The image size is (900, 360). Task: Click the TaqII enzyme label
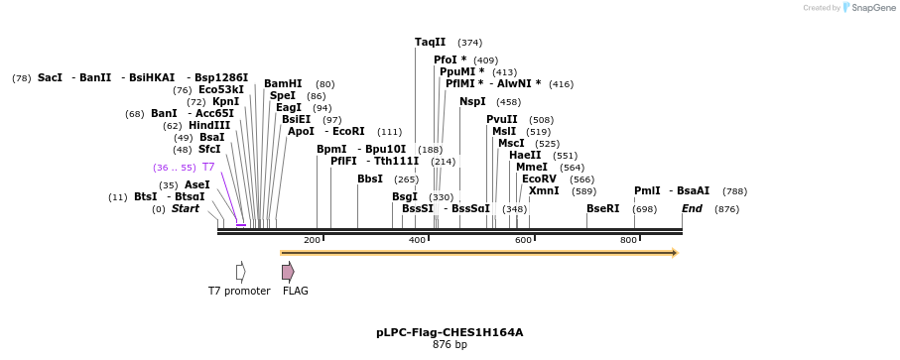click(430, 42)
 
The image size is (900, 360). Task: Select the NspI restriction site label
click(472, 101)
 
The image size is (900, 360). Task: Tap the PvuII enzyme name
click(501, 119)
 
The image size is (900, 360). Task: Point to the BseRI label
click(602, 208)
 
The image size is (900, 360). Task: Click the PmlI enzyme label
click(647, 190)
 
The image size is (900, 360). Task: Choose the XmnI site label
click(543, 190)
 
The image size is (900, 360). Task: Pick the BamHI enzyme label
click(283, 83)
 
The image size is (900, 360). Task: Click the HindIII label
click(209, 125)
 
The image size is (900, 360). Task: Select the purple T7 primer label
click(208, 167)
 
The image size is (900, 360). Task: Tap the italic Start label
click(185, 208)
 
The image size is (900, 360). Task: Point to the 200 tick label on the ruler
click(312, 240)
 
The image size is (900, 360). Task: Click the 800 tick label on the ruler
click(628, 240)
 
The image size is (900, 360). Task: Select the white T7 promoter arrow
click(240, 272)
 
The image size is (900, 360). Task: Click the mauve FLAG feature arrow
click(288, 272)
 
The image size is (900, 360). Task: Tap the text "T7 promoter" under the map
click(239, 291)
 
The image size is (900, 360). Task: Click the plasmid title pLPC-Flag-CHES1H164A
click(450, 332)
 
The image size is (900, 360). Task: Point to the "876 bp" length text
click(450, 345)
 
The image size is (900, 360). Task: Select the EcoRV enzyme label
click(539, 179)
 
